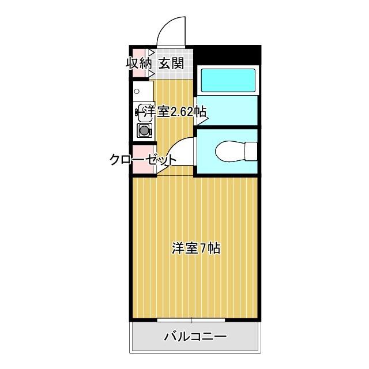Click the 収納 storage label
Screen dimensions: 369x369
coord(139,63)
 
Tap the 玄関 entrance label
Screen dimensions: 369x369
coord(171,63)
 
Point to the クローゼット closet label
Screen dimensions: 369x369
coord(144,160)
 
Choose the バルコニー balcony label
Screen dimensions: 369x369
coord(195,336)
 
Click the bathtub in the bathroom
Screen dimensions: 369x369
coord(227,80)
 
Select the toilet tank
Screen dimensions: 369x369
coord(250,152)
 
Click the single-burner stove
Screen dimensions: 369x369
coord(144,130)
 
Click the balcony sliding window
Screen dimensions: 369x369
coord(192,319)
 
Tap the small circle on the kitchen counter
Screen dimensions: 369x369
coord(137,91)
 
